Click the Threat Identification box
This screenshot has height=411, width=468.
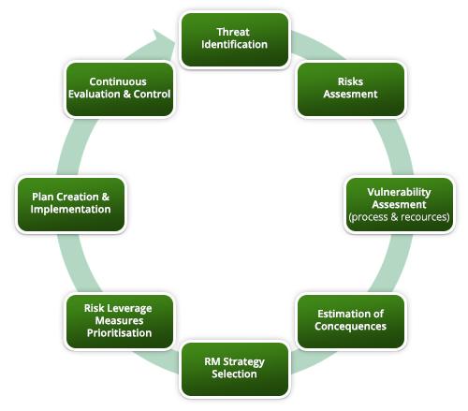235,39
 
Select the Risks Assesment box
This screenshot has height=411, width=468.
351,89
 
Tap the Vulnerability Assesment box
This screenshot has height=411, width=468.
400,205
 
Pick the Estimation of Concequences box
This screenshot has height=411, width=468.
351,321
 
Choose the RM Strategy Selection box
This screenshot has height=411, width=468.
235,369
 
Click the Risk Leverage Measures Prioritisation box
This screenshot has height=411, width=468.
120,321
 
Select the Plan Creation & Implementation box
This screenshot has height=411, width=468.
71,205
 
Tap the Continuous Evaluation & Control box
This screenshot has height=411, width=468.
120,89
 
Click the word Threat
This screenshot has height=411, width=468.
233,32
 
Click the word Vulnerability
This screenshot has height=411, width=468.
399,192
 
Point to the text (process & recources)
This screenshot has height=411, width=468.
400,217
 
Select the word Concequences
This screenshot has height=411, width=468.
350,326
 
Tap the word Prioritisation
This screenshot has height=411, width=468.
120,333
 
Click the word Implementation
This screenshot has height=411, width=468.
71,210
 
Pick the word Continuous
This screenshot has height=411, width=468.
118,81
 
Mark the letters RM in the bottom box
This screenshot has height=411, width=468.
212,361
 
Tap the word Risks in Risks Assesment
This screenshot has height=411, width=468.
350,81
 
